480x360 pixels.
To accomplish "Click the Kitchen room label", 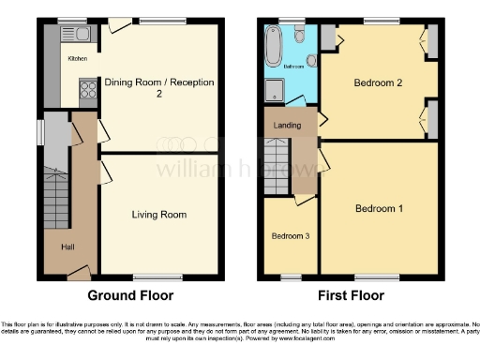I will (x=77, y=58).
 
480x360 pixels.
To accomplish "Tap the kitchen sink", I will (x=77, y=34).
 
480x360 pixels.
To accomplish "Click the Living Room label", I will (x=158, y=215).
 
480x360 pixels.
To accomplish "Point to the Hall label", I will (x=68, y=247).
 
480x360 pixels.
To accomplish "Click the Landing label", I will (x=286, y=126).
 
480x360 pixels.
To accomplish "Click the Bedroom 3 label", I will (x=290, y=235).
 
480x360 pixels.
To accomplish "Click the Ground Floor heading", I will (x=130, y=295).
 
